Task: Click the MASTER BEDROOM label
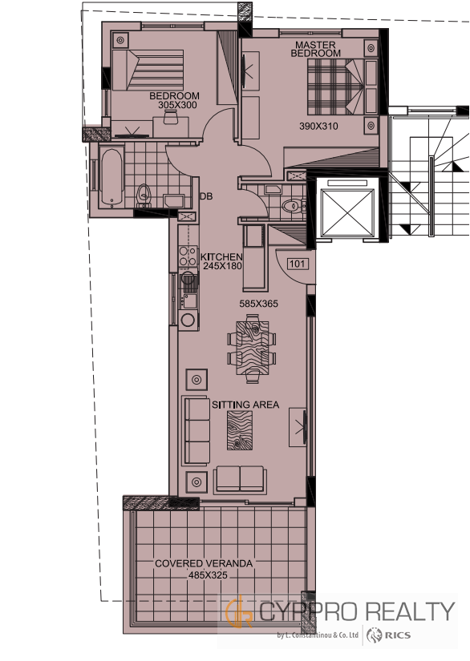click(x=315, y=49)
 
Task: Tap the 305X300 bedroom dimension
click(x=177, y=106)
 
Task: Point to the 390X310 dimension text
click(x=318, y=126)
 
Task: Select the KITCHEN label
click(x=221, y=256)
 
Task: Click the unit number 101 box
click(x=298, y=264)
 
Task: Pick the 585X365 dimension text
click(x=258, y=304)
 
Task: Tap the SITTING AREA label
click(x=245, y=405)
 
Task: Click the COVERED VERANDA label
click(x=204, y=563)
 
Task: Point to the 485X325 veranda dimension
click(x=208, y=574)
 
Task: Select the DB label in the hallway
click(x=206, y=196)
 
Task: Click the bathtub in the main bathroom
click(x=111, y=178)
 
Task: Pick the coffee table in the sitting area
click(x=240, y=430)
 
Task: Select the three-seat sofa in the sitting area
click(x=197, y=430)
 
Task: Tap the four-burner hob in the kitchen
click(x=188, y=256)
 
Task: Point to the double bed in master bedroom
click(x=335, y=87)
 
